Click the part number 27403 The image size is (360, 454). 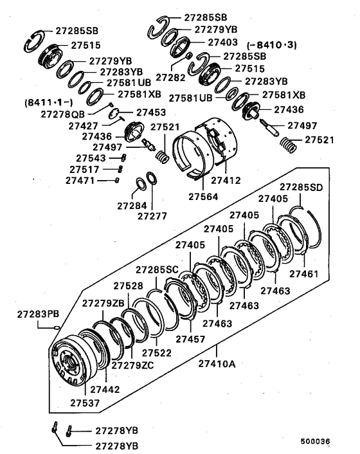coord(224,42)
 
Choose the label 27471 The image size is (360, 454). coord(80,181)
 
